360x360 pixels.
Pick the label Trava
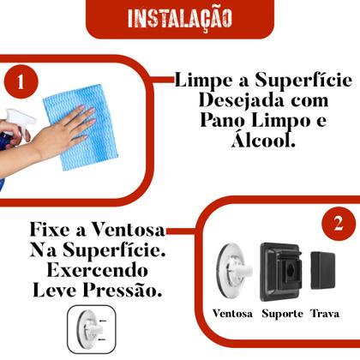pos(326,314)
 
